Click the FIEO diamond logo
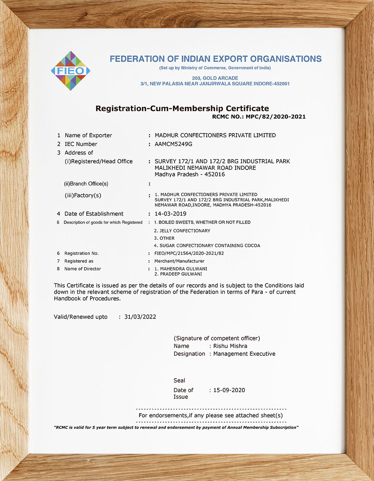point(71,71)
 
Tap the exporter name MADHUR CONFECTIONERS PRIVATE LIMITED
point(215,135)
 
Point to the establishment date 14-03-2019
point(170,214)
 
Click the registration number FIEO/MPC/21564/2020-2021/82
point(189,253)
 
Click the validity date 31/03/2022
point(140,317)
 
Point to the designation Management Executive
point(244,354)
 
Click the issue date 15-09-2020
point(229,390)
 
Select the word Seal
point(179,380)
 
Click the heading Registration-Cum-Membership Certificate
point(182,109)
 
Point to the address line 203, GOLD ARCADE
point(215,78)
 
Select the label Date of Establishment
point(94,214)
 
